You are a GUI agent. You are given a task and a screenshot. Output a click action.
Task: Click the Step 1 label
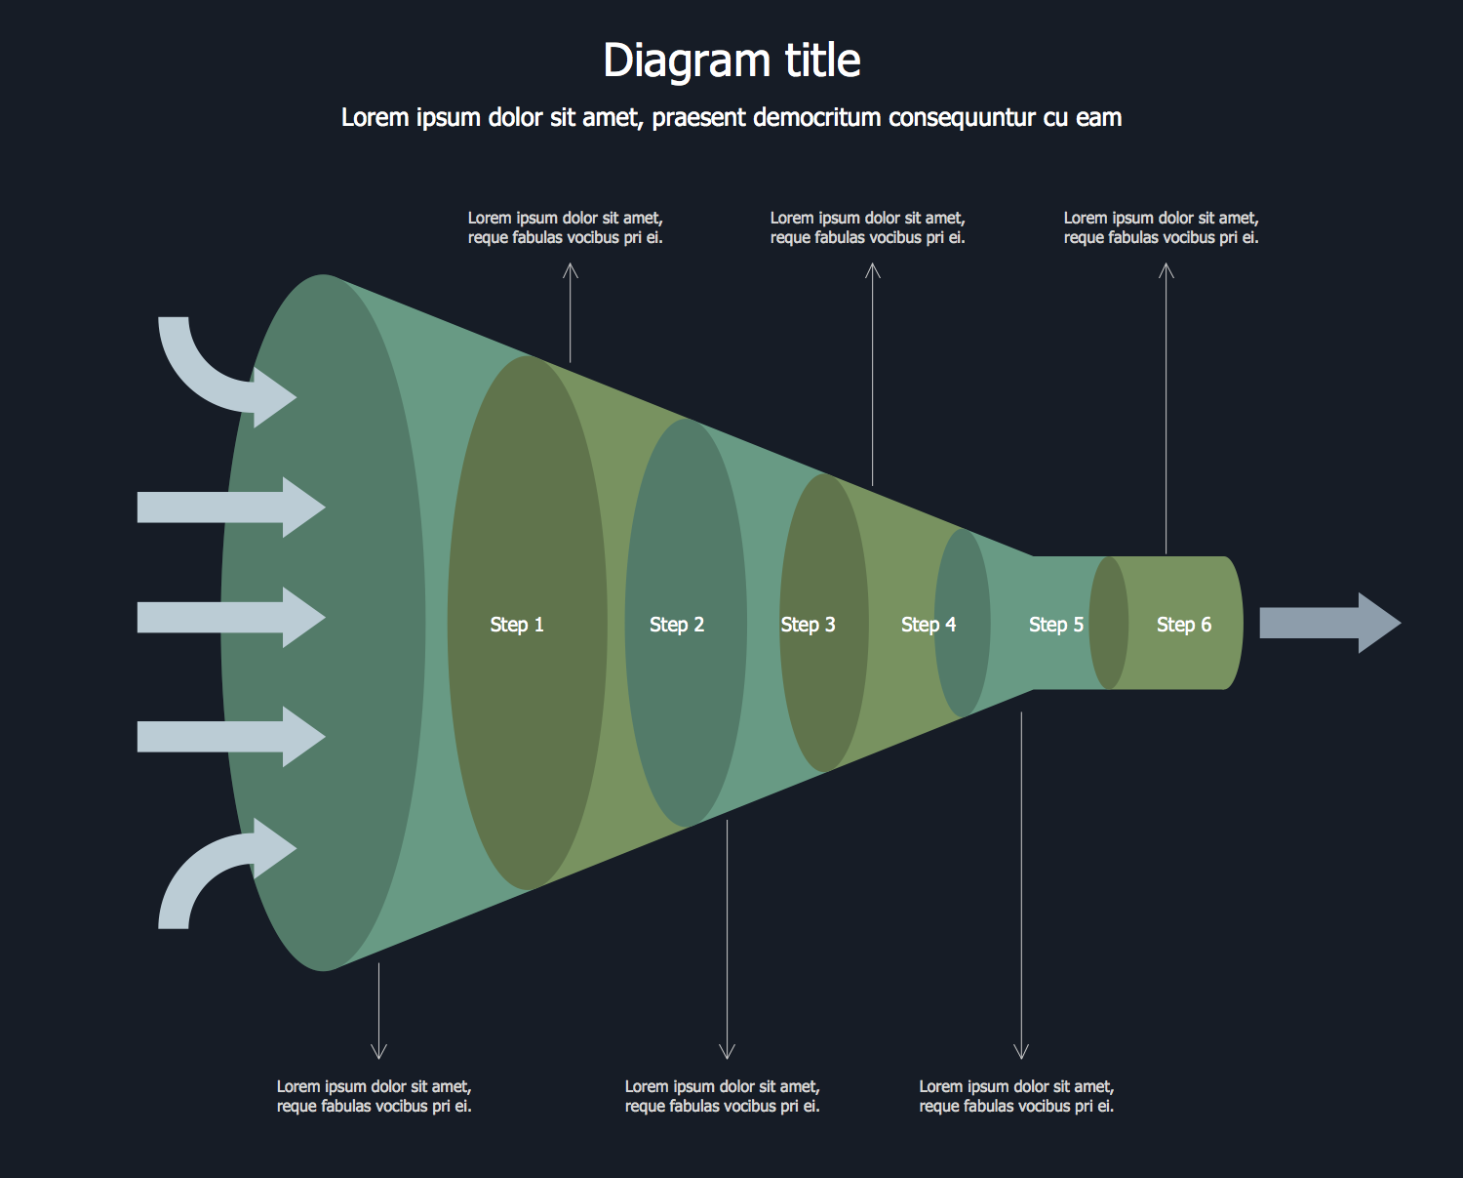[x=517, y=625]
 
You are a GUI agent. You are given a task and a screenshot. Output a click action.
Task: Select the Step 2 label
[x=677, y=625]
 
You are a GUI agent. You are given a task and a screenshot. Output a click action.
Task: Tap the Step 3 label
[x=808, y=625]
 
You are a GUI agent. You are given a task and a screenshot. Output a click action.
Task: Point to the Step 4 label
[x=929, y=625]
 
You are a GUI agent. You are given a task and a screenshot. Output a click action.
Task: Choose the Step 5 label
[x=1056, y=625]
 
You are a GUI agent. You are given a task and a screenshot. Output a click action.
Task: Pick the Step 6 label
[x=1184, y=625]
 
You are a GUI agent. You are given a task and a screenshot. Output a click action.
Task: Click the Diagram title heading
[x=731, y=61]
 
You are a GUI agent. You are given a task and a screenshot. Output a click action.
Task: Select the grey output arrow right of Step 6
[x=1329, y=623]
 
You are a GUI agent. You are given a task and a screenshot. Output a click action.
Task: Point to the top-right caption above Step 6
[x=1161, y=227]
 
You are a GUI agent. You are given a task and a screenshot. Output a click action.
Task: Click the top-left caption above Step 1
[x=565, y=227]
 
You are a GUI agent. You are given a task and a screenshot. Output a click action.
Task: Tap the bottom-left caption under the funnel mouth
[x=374, y=1096]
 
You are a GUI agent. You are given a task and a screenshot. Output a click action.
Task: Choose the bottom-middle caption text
[x=722, y=1096]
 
